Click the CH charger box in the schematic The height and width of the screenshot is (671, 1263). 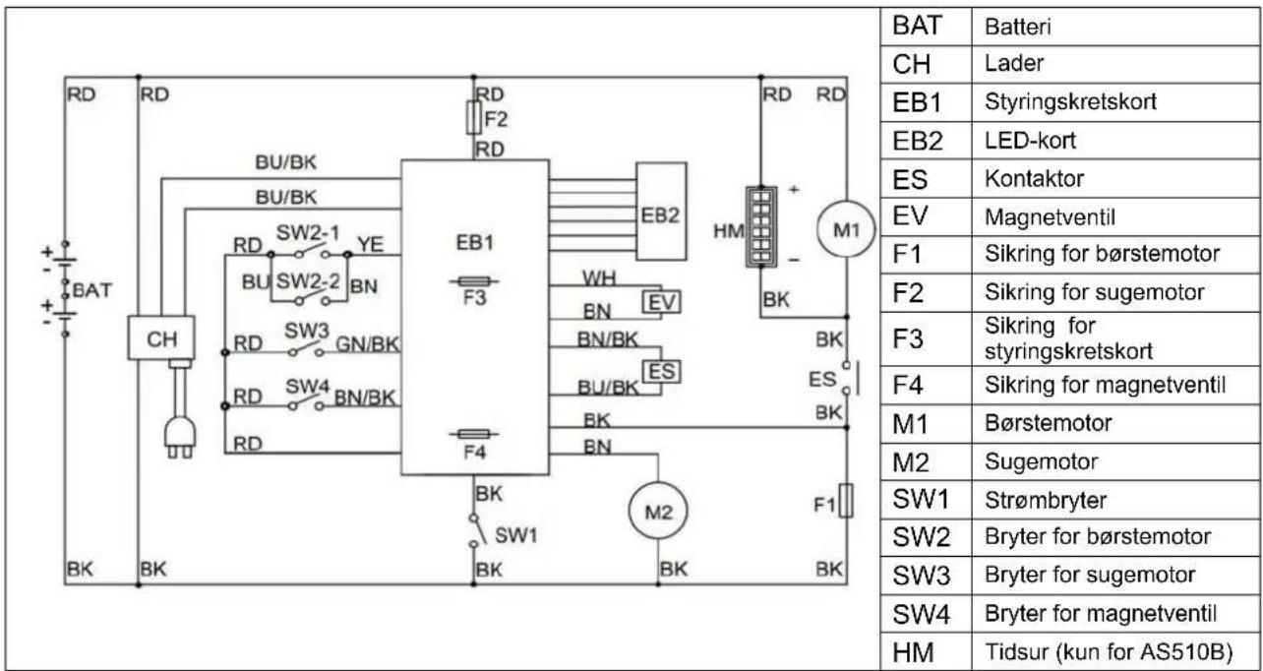[161, 337]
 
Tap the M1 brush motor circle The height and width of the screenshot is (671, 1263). [846, 229]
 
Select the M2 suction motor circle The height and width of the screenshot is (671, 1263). [658, 512]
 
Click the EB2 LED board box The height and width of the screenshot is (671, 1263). [661, 212]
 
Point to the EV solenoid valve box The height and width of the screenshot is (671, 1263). [661, 302]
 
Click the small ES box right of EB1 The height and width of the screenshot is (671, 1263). [661, 372]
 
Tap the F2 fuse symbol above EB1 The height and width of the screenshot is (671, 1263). [474, 118]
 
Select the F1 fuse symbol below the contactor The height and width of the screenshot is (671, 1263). [846, 500]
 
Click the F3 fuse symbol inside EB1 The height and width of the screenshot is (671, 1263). [474, 280]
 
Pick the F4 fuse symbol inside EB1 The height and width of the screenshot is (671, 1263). [474, 434]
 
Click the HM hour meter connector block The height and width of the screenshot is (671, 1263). [761, 226]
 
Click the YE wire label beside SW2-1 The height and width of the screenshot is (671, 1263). [371, 244]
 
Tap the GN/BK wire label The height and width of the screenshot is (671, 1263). [367, 343]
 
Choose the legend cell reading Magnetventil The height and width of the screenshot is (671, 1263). [1050, 217]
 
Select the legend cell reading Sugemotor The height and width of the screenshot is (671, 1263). [1041, 461]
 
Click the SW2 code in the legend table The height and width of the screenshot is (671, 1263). [922, 537]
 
